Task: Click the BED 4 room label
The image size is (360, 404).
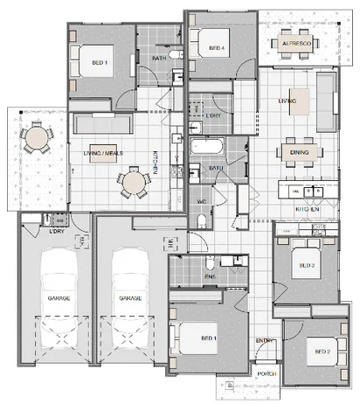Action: (x=204, y=47)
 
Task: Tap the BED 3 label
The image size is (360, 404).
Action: (x=306, y=264)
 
